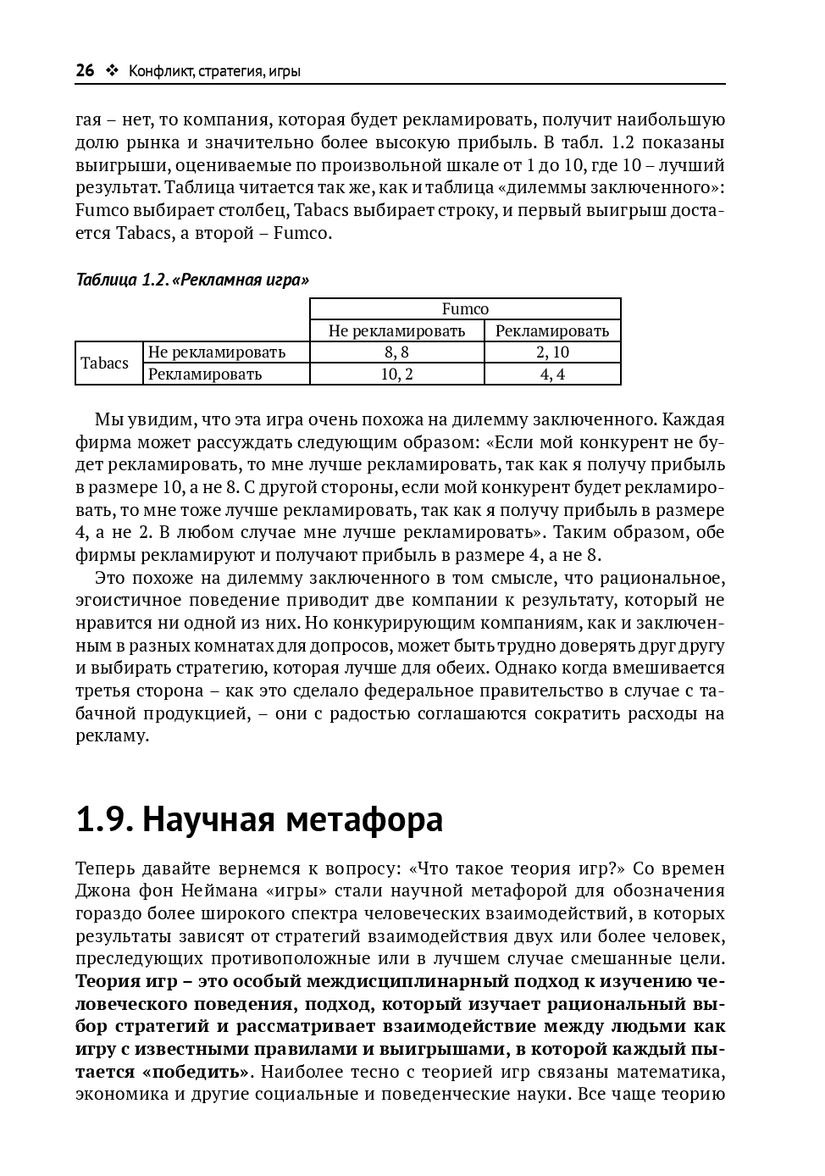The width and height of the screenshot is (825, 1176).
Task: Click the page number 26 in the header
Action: pos(85,71)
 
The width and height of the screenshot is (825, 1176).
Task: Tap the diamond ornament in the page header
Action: pos(112,71)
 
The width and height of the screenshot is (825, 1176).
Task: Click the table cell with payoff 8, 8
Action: pos(396,352)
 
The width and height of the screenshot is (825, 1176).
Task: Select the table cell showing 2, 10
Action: pos(552,352)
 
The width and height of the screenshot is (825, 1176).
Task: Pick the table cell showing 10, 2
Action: pos(396,374)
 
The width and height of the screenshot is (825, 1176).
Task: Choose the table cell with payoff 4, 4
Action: pos(552,374)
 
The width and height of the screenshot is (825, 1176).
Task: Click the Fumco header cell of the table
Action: pos(465,309)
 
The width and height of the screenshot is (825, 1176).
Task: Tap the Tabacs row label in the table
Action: pos(105,363)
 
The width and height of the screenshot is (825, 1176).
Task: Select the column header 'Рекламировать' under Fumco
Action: pos(552,330)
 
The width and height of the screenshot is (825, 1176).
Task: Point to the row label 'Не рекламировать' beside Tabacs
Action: pos(217,352)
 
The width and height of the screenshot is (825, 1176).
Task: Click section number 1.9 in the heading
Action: pos(103,820)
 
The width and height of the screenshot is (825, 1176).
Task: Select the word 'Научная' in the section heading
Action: pos(208,820)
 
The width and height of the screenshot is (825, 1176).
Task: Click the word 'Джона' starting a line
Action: pos(101,890)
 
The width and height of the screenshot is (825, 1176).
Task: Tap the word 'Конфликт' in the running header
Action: pos(159,72)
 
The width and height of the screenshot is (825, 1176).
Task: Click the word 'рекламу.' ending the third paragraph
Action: pos(113,735)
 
